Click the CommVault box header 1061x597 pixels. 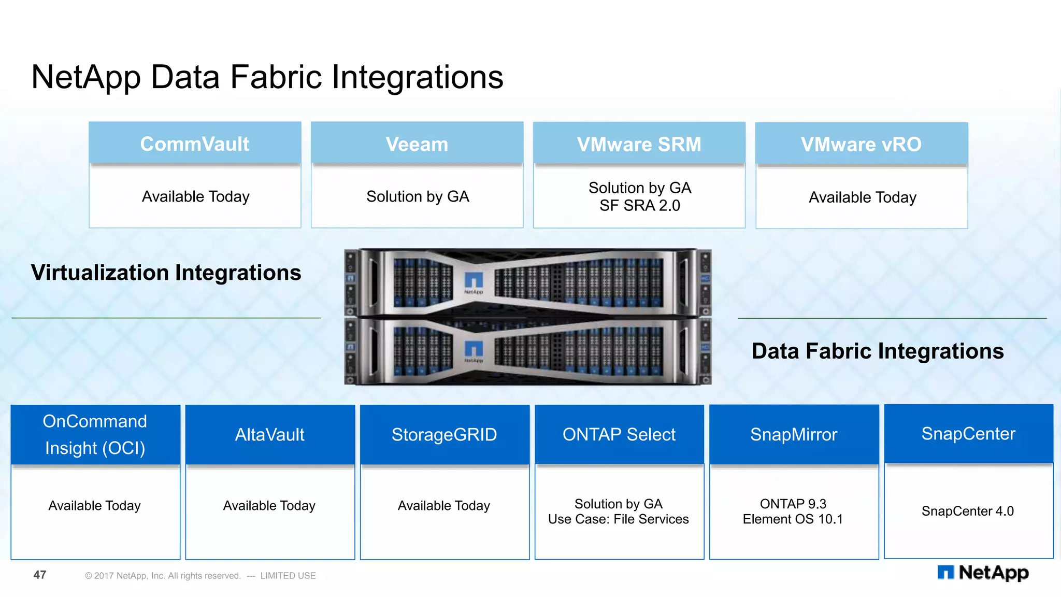coord(195,144)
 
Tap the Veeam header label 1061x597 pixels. coord(417,144)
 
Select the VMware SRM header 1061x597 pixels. coord(639,144)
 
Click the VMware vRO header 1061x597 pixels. coord(861,144)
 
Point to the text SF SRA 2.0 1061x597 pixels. coord(639,206)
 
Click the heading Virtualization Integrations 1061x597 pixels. coord(166,273)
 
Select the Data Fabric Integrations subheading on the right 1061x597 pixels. coord(878,351)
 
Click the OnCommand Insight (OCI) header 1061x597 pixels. coord(95,434)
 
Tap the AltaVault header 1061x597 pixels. coord(270,434)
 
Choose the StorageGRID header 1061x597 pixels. coord(445,434)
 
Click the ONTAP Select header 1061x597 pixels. coord(619,434)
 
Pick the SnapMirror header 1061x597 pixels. coord(794,434)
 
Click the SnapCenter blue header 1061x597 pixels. coord(968,433)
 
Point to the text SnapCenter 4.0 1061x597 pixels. coord(967,511)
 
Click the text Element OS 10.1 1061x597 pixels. coord(793,519)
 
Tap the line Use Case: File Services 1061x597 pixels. coord(619,519)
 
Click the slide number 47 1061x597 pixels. coord(40,575)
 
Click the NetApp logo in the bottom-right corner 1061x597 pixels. coord(983,573)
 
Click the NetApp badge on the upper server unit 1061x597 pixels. coord(474,283)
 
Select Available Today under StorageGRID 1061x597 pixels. coord(444,505)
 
